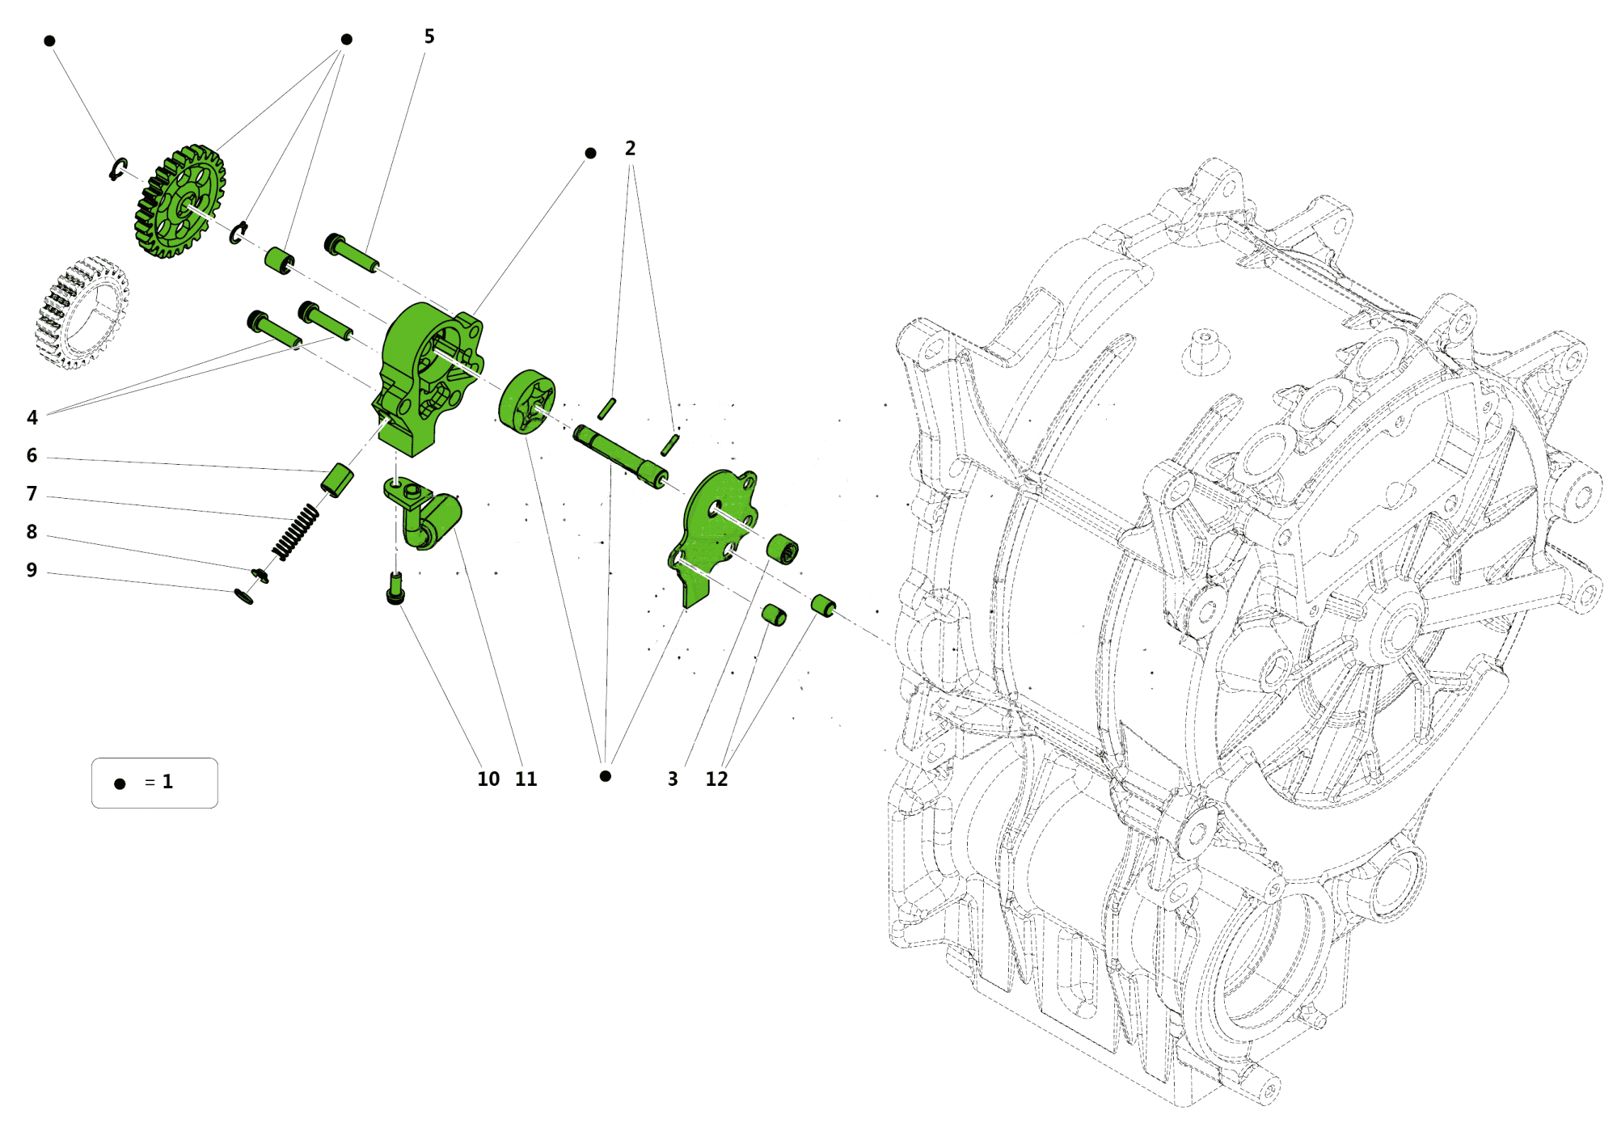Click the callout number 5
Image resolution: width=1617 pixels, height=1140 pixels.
pos(429,36)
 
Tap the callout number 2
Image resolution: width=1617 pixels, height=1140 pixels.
pos(630,149)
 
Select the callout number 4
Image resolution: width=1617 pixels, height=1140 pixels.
pos(32,417)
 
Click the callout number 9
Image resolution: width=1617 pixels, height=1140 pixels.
pos(32,570)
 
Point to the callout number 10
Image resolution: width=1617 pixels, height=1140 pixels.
pos(488,779)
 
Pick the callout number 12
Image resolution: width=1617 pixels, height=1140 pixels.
pos(716,779)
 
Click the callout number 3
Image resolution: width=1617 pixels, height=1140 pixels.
pos(673,779)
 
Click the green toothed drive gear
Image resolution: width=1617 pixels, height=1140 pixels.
pos(179,201)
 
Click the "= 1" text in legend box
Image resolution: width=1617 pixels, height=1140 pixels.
pos(158,782)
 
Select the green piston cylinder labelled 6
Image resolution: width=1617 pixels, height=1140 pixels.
pos(337,480)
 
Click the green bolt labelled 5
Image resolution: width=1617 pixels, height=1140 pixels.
pos(351,253)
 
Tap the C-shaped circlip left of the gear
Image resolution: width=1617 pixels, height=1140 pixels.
pos(117,169)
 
